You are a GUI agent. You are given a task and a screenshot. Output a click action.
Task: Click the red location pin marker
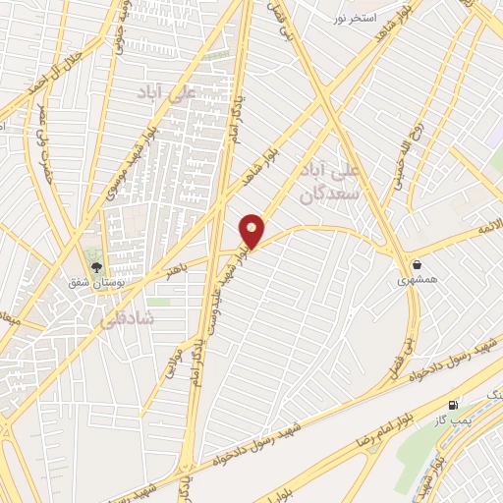[x=252, y=231]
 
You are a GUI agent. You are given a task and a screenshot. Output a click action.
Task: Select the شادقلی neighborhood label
[x=121, y=318]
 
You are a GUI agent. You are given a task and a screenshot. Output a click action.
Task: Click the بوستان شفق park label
[x=94, y=283]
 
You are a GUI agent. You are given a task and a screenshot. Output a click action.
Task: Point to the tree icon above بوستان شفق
[x=95, y=265]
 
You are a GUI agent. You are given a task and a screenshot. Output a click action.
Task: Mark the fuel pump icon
[x=453, y=403]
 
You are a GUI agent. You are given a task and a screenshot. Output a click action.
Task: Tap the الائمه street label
[x=489, y=228]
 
